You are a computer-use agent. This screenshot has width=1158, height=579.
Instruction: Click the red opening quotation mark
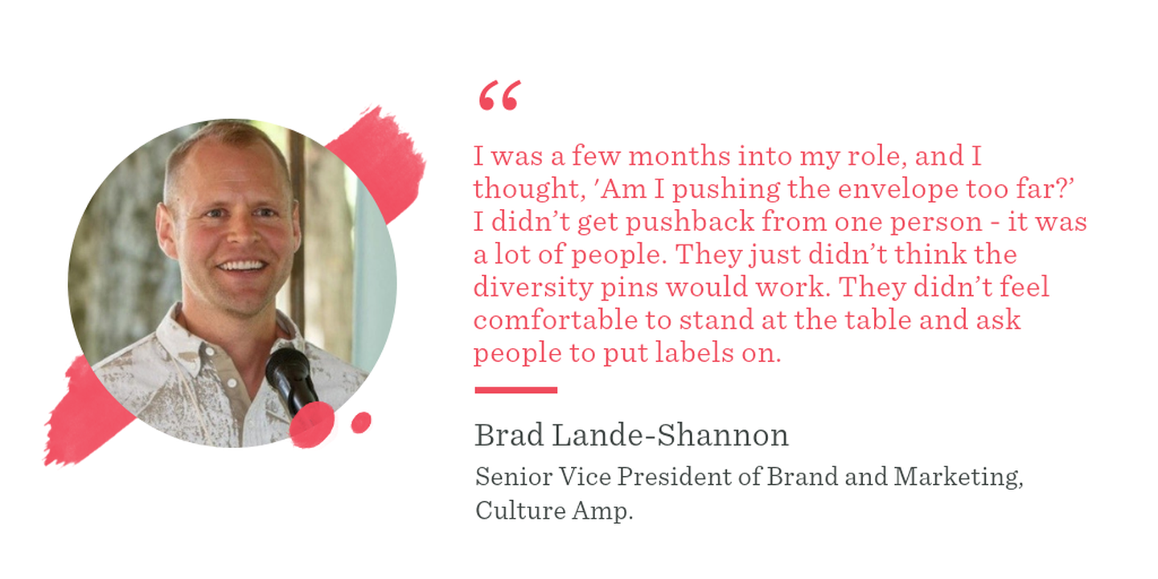(499, 95)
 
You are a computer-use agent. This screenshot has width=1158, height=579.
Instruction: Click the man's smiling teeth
(241, 266)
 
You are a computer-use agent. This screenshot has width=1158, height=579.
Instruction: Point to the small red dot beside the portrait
(361, 422)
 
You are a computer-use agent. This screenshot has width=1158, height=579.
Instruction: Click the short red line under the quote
(516, 390)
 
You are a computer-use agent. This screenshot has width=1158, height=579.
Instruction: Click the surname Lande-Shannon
(671, 435)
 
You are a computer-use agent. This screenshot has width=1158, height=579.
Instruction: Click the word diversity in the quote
(533, 287)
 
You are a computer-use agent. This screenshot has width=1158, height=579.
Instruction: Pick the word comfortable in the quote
(555, 319)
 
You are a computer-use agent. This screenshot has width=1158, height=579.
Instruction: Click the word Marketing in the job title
(959, 477)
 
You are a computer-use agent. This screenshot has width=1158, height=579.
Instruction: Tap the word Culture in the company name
(520, 510)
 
